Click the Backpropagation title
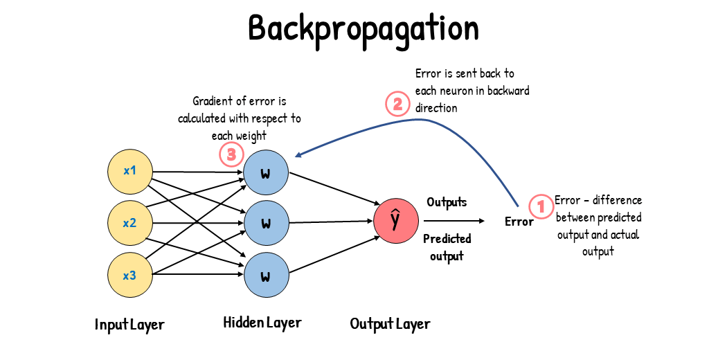363,29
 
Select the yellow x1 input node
129,170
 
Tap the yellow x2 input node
129,223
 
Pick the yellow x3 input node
129,276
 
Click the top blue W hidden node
265,171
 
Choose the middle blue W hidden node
265,223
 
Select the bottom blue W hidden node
265,276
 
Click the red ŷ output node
395,221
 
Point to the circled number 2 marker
397,105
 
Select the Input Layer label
129,324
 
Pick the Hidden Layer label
262,322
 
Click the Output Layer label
390,323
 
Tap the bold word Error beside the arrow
519,222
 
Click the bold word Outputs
447,202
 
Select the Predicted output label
447,247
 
